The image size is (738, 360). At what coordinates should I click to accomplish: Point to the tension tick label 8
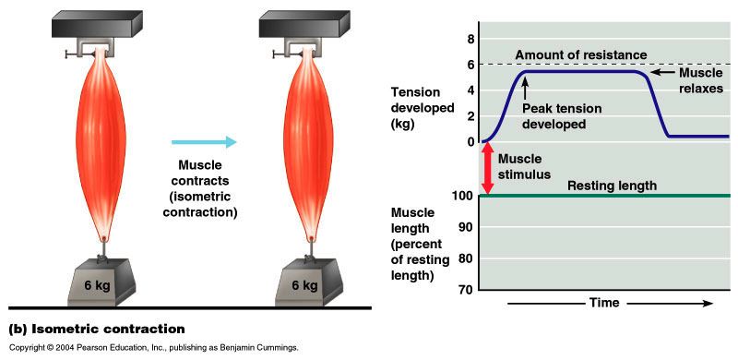(470, 39)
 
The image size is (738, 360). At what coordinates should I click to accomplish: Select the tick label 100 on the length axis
(463, 196)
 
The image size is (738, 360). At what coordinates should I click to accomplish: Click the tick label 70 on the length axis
(466, 290)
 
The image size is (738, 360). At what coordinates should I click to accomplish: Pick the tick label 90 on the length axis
(466, 227)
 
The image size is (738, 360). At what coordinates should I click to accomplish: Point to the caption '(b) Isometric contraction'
(97, 329)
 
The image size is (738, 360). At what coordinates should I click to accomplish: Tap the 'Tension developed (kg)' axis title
(423, 107)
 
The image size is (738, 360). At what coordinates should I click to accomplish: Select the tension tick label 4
(470, 90)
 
